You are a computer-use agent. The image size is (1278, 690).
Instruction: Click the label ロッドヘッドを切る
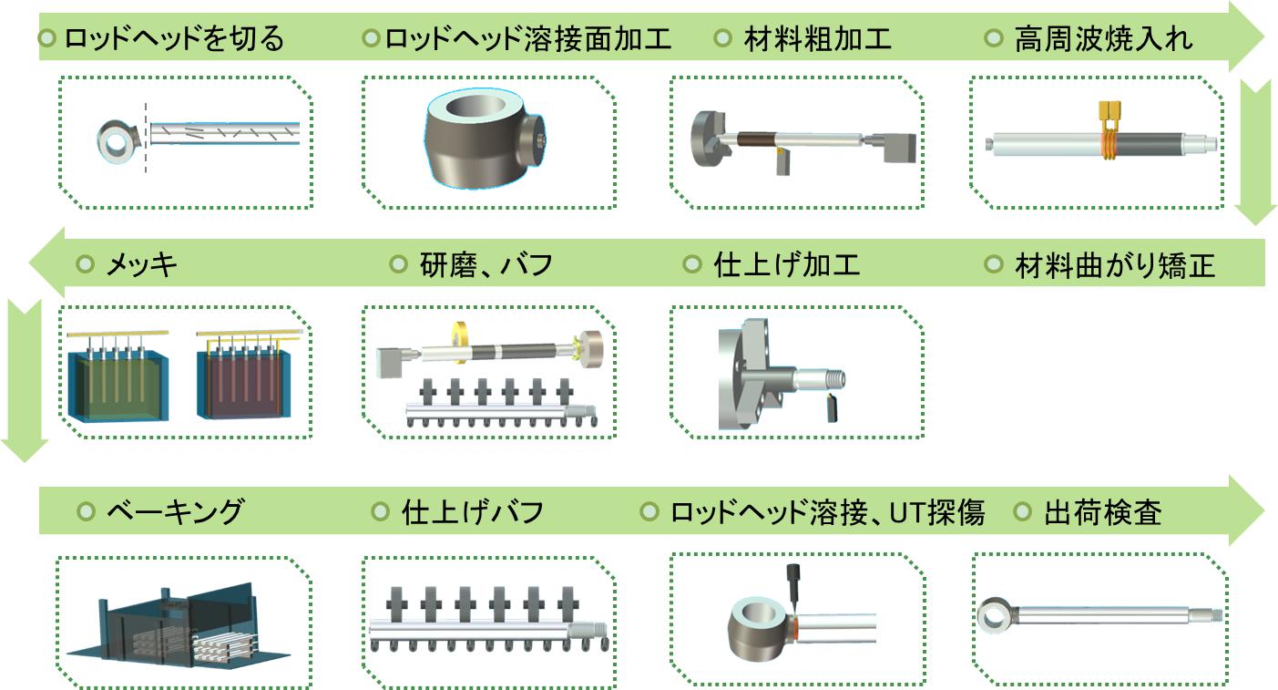coord(174,39)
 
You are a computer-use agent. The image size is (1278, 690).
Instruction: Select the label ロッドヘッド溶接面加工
coord(528,39)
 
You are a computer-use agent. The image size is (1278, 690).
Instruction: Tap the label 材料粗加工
coord(818,39)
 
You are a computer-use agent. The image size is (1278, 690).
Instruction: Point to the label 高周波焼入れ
coord(1103,39)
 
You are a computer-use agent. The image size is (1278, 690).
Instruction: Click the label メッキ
coord(142,265)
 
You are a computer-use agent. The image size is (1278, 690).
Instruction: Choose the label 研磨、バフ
coord(486,265)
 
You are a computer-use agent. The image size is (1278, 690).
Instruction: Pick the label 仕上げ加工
coord(787,265)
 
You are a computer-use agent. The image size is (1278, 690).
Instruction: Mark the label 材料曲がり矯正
coord(1115,265)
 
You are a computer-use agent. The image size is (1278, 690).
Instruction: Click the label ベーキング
coord(176,512)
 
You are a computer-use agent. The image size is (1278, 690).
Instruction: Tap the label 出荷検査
coord(1102,512)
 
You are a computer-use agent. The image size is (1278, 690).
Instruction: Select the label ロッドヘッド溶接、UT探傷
coord(827,512)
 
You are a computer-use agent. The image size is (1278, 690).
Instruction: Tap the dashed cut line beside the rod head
coord(146,138)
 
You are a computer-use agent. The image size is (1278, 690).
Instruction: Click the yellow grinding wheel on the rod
coord(460,341)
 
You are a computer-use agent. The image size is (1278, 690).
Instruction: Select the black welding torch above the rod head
coord(793,585)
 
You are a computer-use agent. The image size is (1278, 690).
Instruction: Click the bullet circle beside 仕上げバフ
coord(380,511)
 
